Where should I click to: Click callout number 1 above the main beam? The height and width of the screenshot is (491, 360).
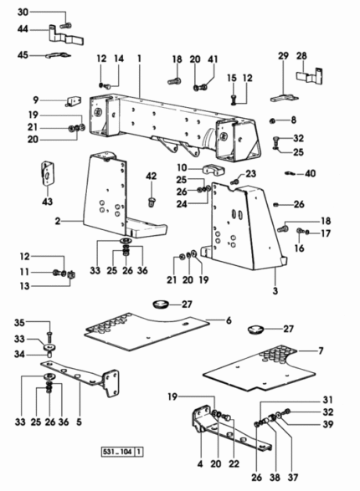pyautogui.click(x=139, y=59)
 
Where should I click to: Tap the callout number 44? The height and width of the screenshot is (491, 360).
pyautogui.click(x=23, y=29)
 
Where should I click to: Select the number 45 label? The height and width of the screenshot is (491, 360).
pyautogui.click(x=23, y=55)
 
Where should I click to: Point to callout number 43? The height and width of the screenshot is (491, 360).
pyautogui.click(x=48, y=202)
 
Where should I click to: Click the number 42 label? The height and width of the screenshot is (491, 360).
pyautogui.click(x=151, y=176)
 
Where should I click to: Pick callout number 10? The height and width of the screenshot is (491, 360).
pyautogui.click(x=182, y=168)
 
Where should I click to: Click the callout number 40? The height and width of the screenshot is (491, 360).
pyautogui.click(x=310, y=173)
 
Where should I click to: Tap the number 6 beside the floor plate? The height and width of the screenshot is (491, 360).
pyautogui.click(x=229, y=320)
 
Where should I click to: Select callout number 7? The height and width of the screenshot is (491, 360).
pyautogui.click(x=321, y=350)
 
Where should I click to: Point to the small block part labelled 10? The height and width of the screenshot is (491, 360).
pyautogui.click(x=213, y=169)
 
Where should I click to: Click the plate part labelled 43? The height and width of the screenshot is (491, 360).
pyautogui.click(x=48, y=173)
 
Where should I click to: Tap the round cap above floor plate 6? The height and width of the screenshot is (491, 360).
pyautogui.click(x=161, y=304)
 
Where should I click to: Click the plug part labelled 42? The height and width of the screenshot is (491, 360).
pyautogui.click(x=152, y=202)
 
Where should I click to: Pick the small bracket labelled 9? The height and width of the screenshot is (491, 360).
pyautogui.click(x=74, y=101)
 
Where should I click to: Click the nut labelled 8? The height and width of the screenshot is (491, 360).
pyautogui.click(x=273, y=120)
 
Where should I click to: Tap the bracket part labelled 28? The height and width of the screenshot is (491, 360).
pyautogui.click(x=310, y=76)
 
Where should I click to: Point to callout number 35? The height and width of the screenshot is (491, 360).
pyautogui.click(x=19, y=323)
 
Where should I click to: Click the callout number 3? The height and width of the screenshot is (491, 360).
pyautogui.click(x=275, y=291)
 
